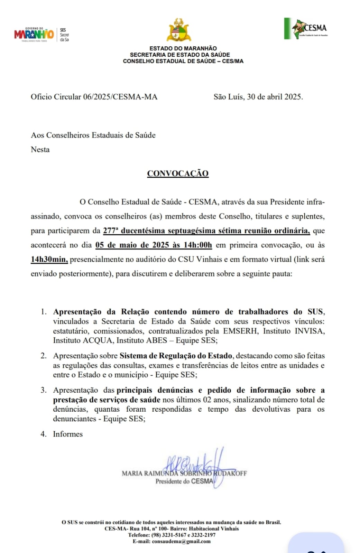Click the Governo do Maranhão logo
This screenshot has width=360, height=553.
[x=34, y=35]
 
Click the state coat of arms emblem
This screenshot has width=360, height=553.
[x=179, y=30]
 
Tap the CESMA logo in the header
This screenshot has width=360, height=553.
[x=306, y=29]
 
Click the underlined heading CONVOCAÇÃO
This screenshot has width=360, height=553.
[x=178, y=174]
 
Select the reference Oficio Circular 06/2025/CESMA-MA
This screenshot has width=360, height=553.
[x=94, y=97]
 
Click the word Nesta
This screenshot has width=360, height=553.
[x=40, y=150]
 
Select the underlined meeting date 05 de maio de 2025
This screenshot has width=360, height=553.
[x=133, y=245]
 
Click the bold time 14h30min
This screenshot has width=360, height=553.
[x=49, y=259]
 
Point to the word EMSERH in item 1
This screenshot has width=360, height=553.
[x=240, y=331]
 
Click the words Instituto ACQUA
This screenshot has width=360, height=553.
[x=83, y=340]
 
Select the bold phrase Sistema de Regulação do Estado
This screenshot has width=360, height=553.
[x=176, y=356]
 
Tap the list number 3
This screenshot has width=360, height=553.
[x=43, y=390]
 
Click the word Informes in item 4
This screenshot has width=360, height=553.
[x=68, y=434]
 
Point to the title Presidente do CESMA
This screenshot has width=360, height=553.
[x=184, y=481]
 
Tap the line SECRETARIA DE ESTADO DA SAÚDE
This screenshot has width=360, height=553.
[x=180, y=55]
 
